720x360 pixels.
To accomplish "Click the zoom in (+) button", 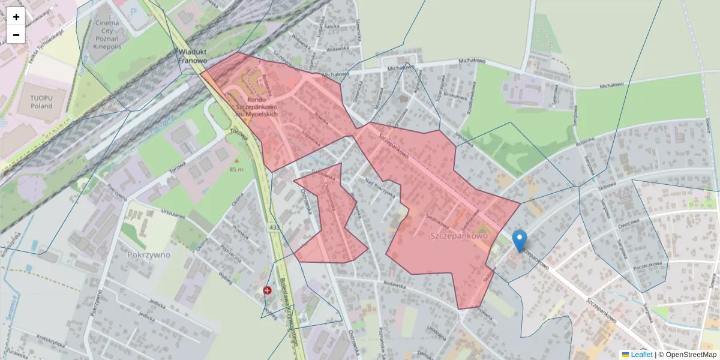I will pos(16,17).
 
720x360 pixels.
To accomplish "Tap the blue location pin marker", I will pos(520,241).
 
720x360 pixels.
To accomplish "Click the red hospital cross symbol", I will pos(267,290).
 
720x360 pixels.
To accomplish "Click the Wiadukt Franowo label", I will pos(193,56).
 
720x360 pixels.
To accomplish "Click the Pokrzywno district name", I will pos(149,254).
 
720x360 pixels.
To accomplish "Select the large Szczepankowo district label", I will pos(460,237).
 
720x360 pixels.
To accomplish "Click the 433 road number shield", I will pos(274,228).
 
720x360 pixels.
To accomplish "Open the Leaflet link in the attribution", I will pos(641,355).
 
